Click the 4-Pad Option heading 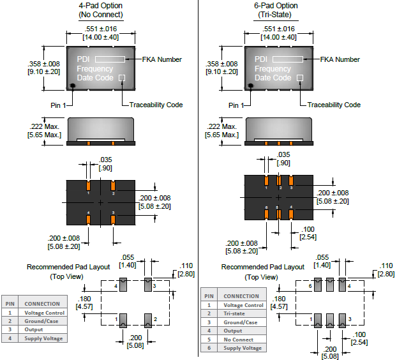pos(100,6)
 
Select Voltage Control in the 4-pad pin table pos(44,313)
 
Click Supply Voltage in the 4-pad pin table pos(44,338)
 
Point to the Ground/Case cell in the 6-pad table pos(241,322)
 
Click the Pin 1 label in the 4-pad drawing pos(59,105)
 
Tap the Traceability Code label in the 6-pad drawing pos(334,105)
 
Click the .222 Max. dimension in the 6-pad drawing pos(221,127)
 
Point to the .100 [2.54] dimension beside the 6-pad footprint pos(308,232)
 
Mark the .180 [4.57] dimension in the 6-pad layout pos(279,302)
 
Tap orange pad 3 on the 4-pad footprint pos(112,219)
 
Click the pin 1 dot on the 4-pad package pos(73,86)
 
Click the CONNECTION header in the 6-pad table pos(241,296)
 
